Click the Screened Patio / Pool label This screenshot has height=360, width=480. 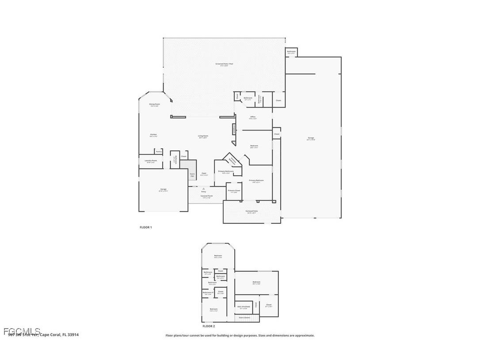pos(224,65)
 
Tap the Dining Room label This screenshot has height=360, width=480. pos(154,105)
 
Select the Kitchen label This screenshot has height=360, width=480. pos(153,135)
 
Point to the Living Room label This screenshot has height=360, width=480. pos(203,137)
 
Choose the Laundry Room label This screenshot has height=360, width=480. pos(151,161)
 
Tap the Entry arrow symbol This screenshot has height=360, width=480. pos(204,188)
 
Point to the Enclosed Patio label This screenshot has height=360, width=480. pos(252,212)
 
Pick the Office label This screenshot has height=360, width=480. pos(253,118)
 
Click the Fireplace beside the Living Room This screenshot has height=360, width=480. pos(233,128)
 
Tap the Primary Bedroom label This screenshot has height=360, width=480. pos(256,180)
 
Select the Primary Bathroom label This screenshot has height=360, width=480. pos(225,172)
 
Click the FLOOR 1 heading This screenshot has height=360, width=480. pos(146,227)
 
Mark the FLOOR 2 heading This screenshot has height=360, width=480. pos(209,326)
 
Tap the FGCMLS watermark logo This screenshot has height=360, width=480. pos(22,331)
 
